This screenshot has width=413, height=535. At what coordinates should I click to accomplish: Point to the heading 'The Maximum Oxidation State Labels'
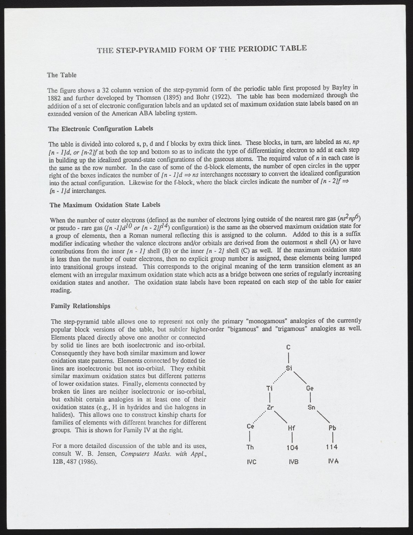(105, 205)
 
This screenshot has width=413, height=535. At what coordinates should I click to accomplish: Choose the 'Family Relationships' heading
(81, 306)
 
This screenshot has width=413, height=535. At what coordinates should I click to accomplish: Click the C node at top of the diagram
(289, 347)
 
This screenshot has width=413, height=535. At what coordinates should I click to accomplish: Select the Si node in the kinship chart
(289, 368)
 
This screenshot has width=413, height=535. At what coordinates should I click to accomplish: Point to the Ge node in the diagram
(310, 388)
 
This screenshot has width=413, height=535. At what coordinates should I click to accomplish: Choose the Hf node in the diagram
(292, 429)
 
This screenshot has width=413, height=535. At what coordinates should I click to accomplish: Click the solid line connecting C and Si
(289, 357)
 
